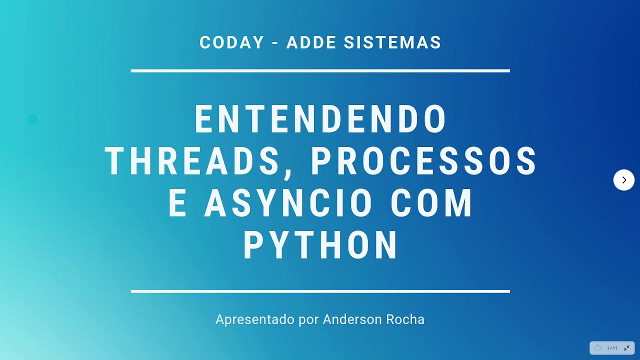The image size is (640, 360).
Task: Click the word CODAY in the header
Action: [231, 42]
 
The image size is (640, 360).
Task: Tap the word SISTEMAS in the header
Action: [392, 42]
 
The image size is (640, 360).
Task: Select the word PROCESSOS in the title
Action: [424, 161]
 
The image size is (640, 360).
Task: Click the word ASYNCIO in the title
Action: [288, 203]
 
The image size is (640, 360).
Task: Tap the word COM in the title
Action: [431, 203]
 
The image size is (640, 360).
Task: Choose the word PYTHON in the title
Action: [320, 245]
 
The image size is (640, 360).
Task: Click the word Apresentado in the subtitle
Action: [255, 319]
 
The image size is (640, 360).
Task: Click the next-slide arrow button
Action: [623, 180]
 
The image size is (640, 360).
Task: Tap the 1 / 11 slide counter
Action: [612, 348]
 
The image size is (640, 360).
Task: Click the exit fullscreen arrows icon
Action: [626, 348]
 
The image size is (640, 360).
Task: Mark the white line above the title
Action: [320, 71]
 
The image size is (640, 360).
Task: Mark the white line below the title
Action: [320, 291]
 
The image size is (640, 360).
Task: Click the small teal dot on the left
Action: [32, 119]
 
